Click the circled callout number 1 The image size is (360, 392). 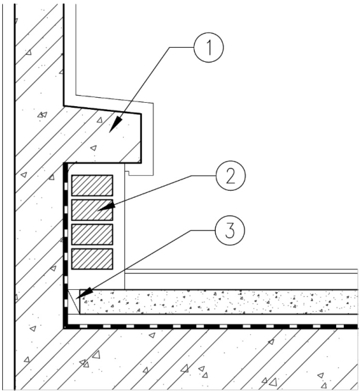point(209,47)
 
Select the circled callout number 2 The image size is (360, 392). point(231,176)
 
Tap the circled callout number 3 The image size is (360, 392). point(230,230)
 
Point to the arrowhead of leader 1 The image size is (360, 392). point(115,125)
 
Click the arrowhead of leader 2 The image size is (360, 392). point(106,207)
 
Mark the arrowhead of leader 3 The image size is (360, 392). point(84,294)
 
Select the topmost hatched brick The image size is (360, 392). point(92,185)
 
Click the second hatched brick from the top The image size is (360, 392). point(92,210)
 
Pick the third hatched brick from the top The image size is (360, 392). point(92,234)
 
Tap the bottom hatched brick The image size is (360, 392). point(92,259)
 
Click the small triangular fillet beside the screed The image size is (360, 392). point(74,302)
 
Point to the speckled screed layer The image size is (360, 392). point(219,302)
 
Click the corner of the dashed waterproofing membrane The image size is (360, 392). point(65,327)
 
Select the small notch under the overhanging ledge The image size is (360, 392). point(127,173)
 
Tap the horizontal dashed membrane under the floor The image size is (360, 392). point(211,327)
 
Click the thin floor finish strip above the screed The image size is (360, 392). point(241,271)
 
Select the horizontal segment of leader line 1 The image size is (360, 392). point(182,47)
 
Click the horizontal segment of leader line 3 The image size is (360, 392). point(203,230)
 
